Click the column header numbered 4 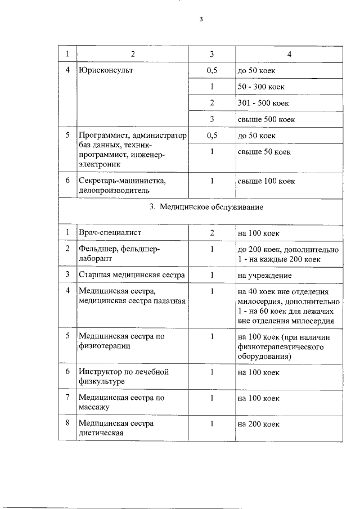[x=289, y=54]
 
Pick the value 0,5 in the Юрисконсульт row [x=211, y=72]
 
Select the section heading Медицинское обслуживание [x=211, y=207]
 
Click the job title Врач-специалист [x=110, y=233]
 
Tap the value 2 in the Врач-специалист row [x=211, y=233]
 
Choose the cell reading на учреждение [x=264, y=274]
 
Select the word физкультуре [x=102, y=381]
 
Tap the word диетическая [x=101, y=433]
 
